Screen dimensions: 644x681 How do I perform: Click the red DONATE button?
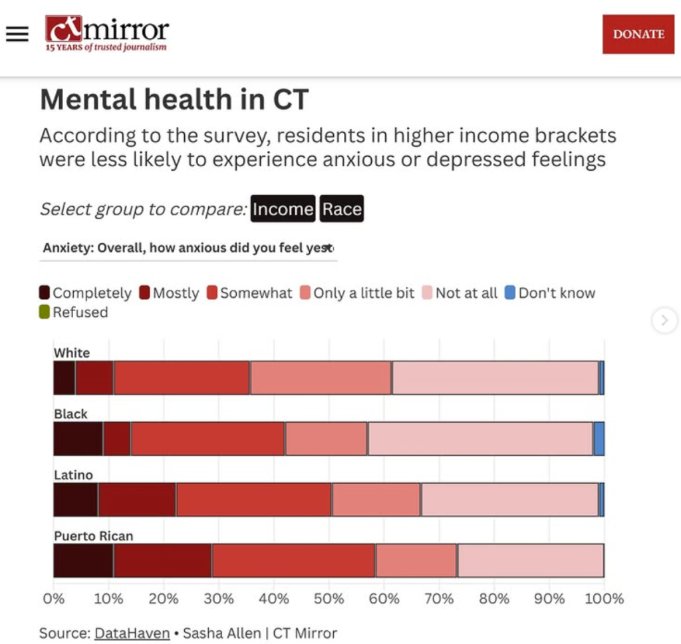coord(638,34)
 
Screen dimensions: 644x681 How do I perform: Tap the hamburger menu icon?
coord(17,35)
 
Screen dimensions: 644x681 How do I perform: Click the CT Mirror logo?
coord(107,34)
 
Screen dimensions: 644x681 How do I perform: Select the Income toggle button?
coord(283,209)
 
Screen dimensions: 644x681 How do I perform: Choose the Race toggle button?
coord(342,209)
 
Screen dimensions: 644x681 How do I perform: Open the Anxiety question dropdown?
coord(188,248)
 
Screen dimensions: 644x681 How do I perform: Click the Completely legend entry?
coord(86,293)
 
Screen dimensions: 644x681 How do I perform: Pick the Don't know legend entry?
coord(550,293)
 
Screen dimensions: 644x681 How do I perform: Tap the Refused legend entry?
coord(74,312)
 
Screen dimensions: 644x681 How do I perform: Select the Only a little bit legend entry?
coord(357,293)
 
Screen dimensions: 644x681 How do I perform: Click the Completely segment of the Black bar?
coord(78,439)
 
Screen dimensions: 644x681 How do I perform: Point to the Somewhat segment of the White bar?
coord(182,377)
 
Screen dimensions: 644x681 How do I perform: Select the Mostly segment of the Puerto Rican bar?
coord(162,560)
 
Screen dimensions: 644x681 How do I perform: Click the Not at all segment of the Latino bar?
coord(509,500)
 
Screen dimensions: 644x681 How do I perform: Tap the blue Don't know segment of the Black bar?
coord(599,439)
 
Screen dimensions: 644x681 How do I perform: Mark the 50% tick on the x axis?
coord(329,598)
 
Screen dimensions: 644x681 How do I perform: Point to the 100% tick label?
coord(604,598)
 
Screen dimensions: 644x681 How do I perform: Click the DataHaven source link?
coord(132,633)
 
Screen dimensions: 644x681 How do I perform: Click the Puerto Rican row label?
coord(94,536)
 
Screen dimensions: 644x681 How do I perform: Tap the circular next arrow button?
coord(664,320)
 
